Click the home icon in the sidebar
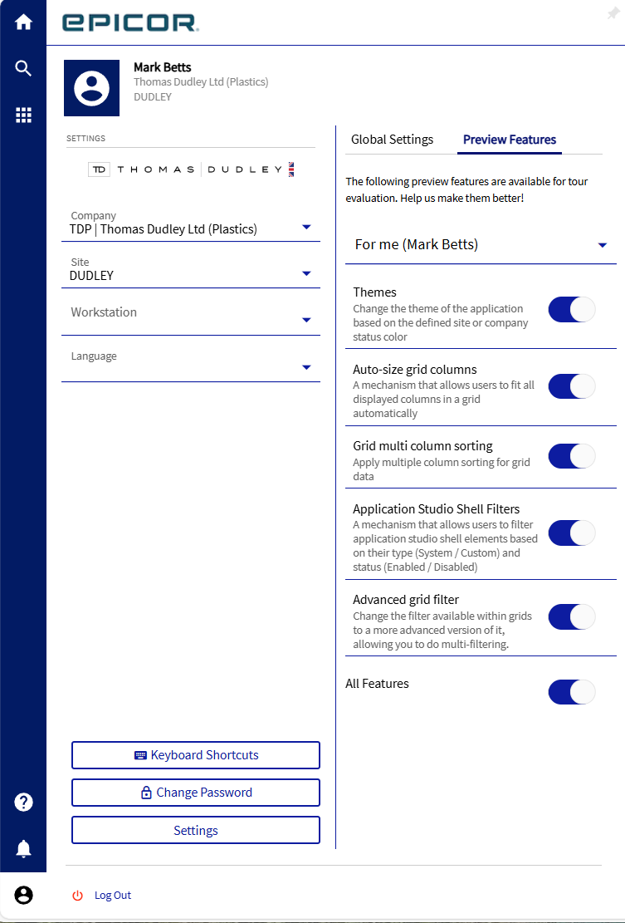coord(23,22)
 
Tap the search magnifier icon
coord(23,68)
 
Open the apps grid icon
coord(23,115)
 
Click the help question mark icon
coord(23,802)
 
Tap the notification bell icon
coord(23,848)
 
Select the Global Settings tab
coord(392,140)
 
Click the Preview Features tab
coord(510,140)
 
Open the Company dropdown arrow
coord(306,227)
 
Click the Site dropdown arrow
coord(306,273)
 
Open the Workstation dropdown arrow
coord(306,320)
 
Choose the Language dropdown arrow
coord(306,367)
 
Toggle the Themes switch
coord(572,310)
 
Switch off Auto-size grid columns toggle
coord(572,386)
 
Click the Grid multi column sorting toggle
coord(572,456)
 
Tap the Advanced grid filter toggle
coord(572,616)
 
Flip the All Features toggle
coord(572,692)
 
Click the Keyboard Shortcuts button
coord(196,755)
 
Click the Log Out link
coord(112,896)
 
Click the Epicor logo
coord(130,22)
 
